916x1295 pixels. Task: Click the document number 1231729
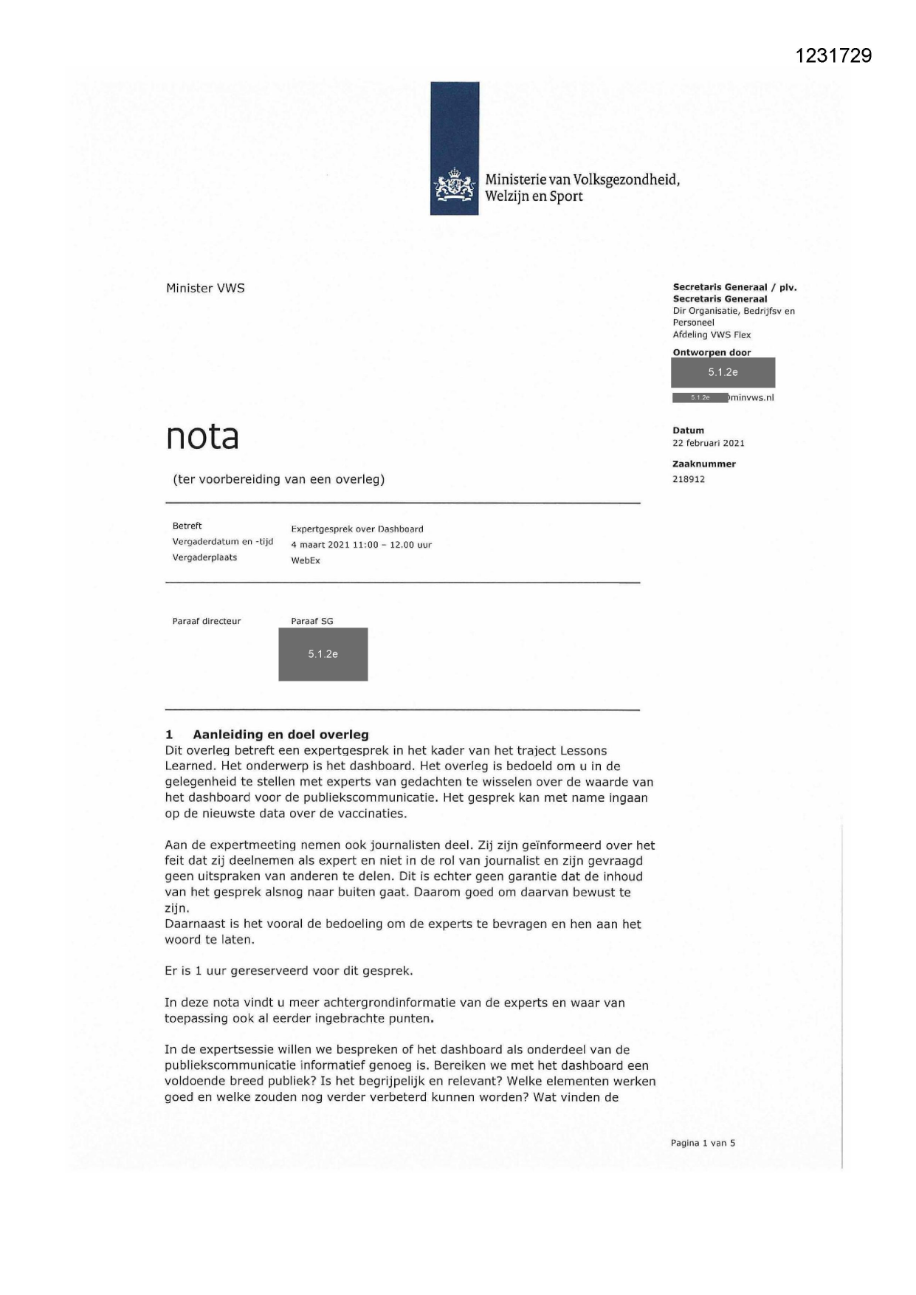coord(833,56)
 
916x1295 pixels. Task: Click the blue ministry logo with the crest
coord(455,148)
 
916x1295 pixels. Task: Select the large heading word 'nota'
coord(202,436)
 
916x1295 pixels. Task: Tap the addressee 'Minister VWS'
coord(205,288)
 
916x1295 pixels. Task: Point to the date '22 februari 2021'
coord(708,443)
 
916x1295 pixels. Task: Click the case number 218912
coord(688,479)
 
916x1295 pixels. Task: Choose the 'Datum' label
coord(688,430)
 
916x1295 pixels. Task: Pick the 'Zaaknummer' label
coord(703,464)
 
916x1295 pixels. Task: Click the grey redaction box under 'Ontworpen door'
coord(723,372)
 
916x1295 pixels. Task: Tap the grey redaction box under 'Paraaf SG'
coord(323,654)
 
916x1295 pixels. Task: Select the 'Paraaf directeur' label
coord(207,621)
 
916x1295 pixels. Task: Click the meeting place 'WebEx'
coord(306,560)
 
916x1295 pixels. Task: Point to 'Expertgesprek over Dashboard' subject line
coord(357,529)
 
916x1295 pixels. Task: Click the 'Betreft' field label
coord(187,526)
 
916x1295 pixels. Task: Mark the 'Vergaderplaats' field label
coord(204,557)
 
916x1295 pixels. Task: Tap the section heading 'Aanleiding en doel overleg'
coord(280,735)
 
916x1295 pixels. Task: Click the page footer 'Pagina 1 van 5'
coord(703,1143)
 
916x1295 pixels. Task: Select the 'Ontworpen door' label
coord(712,352)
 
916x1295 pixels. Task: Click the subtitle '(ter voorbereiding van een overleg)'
coord(278,479)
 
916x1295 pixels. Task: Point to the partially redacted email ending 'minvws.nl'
coord(750,397)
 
